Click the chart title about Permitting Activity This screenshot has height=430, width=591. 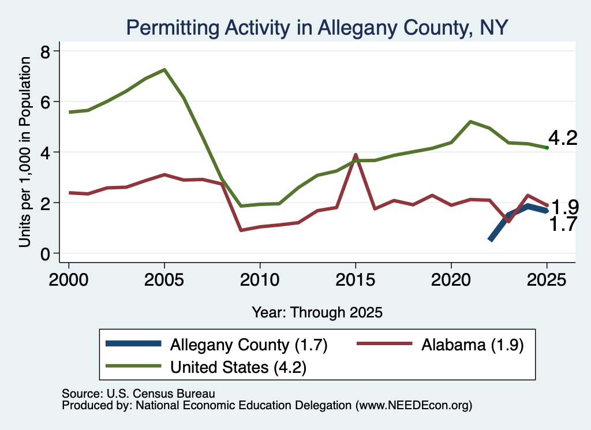317,28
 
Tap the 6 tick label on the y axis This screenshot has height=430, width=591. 46,102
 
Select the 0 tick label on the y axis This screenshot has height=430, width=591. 46,254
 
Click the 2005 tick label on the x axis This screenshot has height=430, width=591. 164,280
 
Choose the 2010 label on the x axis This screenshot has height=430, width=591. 260,280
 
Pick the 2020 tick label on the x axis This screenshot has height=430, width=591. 451,280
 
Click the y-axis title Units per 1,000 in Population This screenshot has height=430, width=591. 25,152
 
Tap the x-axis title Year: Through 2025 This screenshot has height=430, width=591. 317,312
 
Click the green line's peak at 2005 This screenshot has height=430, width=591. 164,69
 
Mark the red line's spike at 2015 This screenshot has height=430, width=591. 356,155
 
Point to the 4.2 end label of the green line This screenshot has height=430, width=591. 563,138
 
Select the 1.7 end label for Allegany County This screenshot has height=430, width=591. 563,224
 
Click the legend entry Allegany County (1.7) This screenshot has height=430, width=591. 217,345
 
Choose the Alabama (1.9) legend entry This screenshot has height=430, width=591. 440,345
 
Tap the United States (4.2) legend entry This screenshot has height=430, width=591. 206,367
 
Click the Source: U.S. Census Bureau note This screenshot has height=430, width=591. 139,394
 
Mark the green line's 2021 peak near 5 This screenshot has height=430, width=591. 470,121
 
